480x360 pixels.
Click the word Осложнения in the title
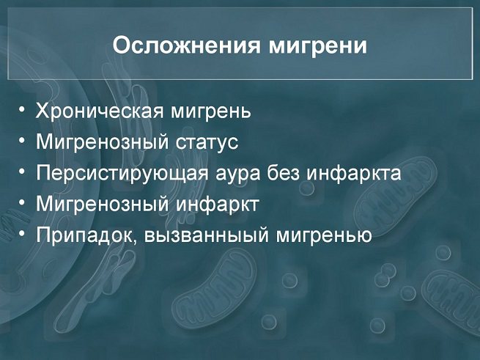[186, 46]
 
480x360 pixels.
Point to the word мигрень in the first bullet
[210, 112]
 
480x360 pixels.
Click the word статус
[207, 142]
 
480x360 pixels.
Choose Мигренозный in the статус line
[103, 142]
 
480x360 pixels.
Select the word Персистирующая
[122, 174]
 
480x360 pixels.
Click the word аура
[238, 174]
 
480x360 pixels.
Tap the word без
[283, 172]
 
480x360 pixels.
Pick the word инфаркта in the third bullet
[353, 173]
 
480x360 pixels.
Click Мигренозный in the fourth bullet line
[103, 205]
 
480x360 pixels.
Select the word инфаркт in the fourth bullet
[218, 204]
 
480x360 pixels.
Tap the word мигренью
[324, 236]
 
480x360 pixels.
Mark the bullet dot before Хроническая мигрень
[21, 110]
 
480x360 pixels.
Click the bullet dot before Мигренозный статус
[21, 141]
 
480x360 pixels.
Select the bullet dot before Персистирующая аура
[21, 172]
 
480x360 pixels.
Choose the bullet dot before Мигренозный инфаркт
[21, 202]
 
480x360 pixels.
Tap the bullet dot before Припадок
[21, 234]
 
